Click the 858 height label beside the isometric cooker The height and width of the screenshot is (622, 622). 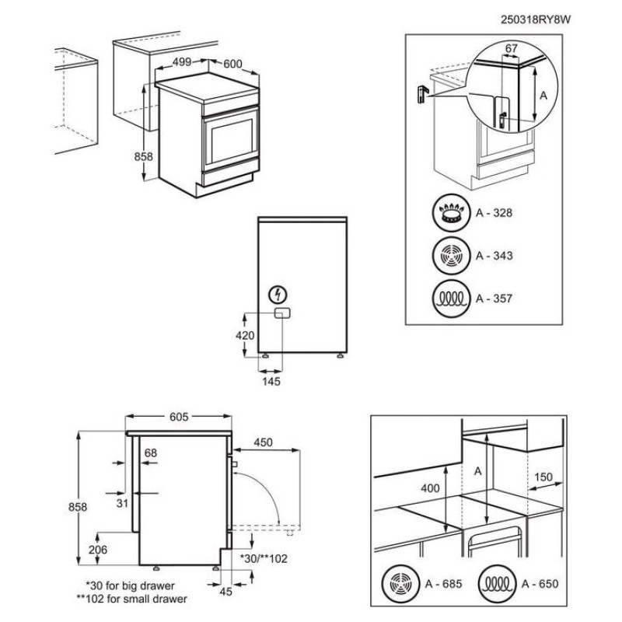pos(144,156)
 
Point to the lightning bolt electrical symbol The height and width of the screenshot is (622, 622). pos(277,295)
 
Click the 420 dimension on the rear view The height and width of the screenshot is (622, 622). pos(245,336)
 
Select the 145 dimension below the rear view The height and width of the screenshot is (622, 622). pos(271,381)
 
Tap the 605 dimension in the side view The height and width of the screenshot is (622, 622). pos(179,417)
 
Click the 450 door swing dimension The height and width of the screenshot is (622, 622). pos(263,442)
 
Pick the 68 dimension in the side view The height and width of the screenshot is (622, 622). pos(151,453)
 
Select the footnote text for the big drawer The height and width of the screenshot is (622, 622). pos(130,585)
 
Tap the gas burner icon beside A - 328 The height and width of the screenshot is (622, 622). pos(450,214)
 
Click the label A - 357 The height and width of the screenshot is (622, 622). pos(495,298)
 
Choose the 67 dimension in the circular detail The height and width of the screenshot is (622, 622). pos(511,48)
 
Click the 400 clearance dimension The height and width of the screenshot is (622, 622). pos(429,487)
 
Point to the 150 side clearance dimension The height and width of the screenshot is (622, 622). pos(543,477)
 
